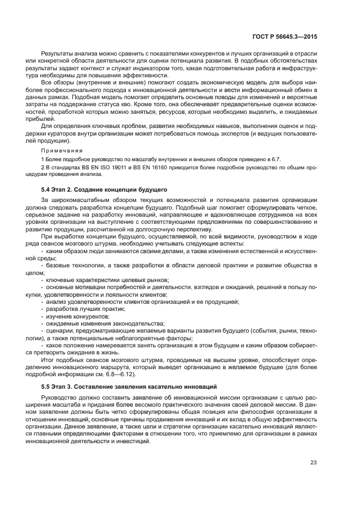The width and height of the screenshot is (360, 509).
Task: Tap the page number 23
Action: [313, 463]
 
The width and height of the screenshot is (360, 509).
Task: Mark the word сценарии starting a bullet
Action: [60, 330]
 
